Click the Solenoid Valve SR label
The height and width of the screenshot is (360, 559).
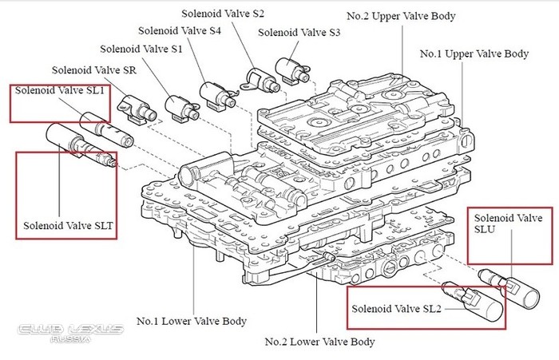(93, 71)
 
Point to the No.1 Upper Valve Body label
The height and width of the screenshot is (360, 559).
(474, 54)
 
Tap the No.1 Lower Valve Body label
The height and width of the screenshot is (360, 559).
(191, 322)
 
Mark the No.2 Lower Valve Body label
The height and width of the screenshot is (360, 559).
(319, 342)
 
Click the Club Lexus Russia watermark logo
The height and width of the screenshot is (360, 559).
(69, 332)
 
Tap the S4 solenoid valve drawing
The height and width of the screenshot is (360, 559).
(216, 91)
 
